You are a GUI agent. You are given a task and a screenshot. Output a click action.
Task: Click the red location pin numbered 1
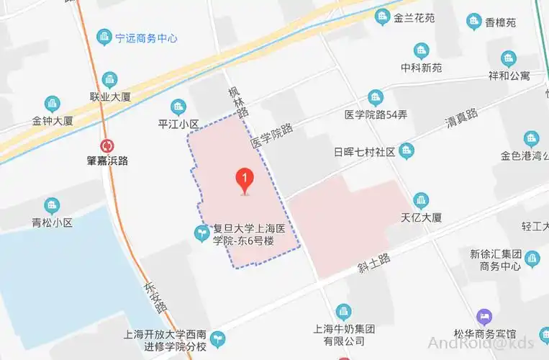245,179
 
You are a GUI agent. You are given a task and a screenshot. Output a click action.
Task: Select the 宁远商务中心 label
146,38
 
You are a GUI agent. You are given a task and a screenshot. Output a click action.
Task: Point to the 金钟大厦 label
53,121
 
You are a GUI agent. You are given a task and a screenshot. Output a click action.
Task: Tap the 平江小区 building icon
178,107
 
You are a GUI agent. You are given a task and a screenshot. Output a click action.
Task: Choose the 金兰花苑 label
414,18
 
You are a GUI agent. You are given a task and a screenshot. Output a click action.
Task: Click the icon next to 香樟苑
473,22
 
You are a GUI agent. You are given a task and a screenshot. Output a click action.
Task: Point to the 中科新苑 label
421,68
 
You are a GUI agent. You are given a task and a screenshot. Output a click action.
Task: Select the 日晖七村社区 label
365,152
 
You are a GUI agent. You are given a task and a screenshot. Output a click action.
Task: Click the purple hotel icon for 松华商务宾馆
485,316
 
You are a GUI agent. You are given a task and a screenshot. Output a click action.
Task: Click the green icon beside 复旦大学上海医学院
202,232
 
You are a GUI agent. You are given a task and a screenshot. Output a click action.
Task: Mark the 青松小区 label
52,222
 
